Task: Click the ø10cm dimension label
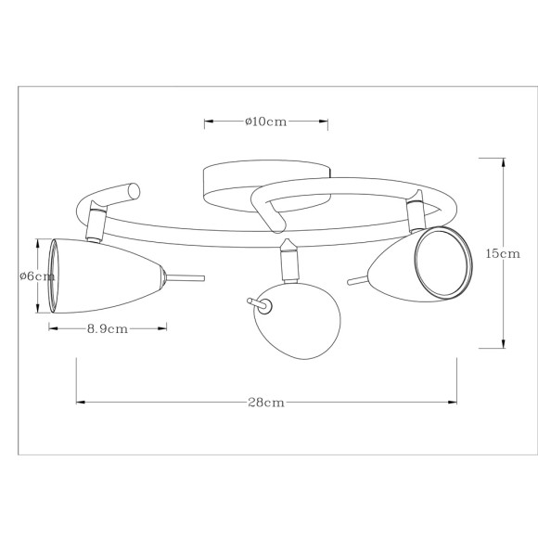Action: pos(266,122)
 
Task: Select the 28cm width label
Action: pos(265,402)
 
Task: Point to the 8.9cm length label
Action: pos(107,327)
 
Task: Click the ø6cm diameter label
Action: pos(30,275)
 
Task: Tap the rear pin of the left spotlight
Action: pos(186,275)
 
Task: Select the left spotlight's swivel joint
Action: pos(96,225)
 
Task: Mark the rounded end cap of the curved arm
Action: pos(134,193)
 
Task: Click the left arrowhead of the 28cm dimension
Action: pos(79,402)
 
